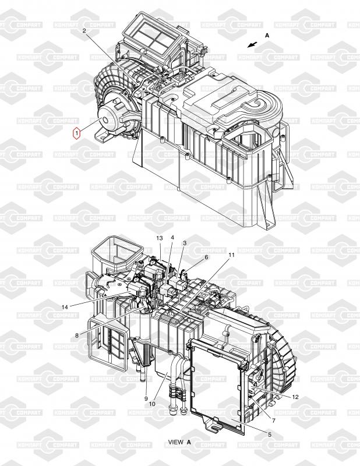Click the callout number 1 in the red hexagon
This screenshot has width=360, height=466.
pos(76,133)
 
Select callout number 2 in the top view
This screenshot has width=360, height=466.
pos(84,30)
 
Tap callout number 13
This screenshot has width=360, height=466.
pos(159,238)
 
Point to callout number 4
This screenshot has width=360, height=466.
pos(172,238)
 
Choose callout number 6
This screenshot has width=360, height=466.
pos(206,257)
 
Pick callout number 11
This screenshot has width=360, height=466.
pos(231,255)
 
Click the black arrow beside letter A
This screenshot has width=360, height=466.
pos(252,44)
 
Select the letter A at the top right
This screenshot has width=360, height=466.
pos(267,36)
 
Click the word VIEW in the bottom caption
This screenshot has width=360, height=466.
pos(175,442)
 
